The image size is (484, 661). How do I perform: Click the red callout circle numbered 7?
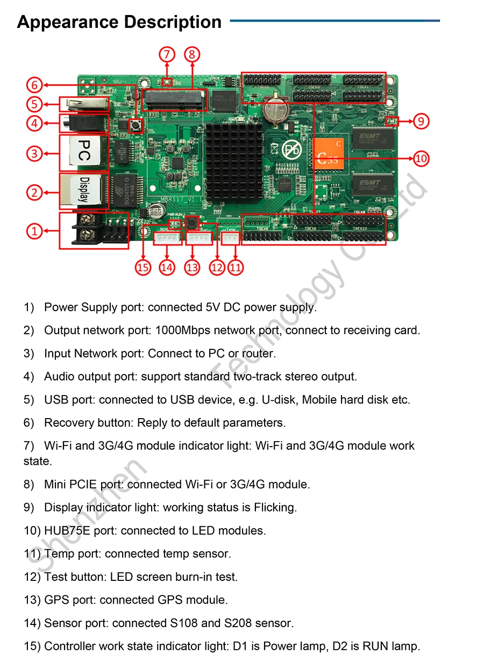pos(167,54)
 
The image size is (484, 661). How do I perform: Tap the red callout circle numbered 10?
pos(421,159)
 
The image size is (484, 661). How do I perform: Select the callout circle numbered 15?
pos(143,267)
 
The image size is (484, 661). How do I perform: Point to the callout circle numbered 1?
pos(34,231)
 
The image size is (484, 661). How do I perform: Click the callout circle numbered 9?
pos(421,121)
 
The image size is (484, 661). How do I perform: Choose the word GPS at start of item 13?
pos(56,600)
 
